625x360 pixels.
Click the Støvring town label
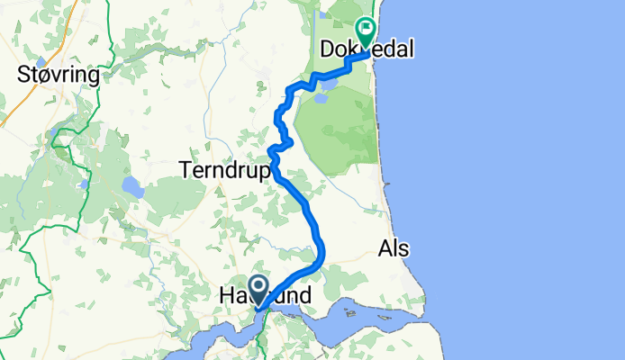[58, 76]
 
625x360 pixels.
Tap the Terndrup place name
[224, 169]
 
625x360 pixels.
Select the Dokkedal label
[367, 50]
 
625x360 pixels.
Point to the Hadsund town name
[266, 295]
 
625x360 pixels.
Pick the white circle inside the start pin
[258, 286]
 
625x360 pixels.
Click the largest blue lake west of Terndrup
[132, 188]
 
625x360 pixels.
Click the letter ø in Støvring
[47, 76]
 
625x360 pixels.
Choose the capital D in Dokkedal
[329, 50]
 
